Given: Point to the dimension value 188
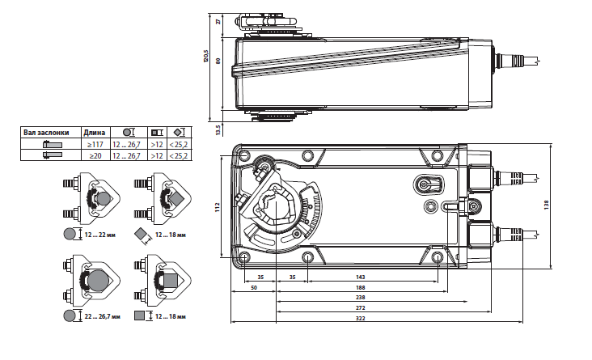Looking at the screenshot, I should coord(360,287).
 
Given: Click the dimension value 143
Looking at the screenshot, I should coord(360,277).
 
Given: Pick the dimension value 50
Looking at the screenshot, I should coord(254,287).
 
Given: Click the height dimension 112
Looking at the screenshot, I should coord(217,207).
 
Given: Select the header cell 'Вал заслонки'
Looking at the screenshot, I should coord(46,132).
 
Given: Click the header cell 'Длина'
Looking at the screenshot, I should coord(94,132).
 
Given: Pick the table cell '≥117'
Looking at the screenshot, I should coord(94,143).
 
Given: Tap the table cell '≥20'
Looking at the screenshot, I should coord(94,155).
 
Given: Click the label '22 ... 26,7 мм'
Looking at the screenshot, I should coord(101,316).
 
